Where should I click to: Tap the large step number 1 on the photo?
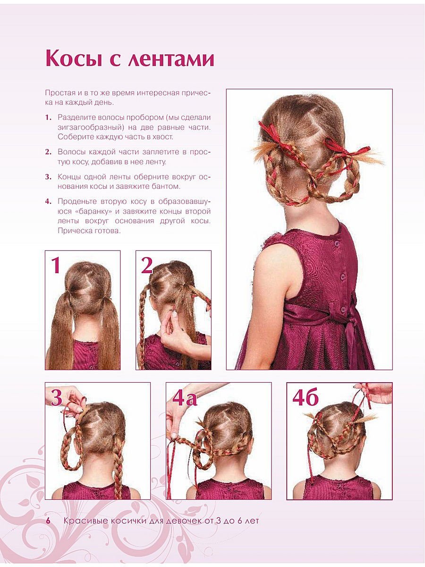(x=56, y=265)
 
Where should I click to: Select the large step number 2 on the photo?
(x=146, y=266)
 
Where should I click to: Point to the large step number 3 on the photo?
(x=57, y=397)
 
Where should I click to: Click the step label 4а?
(x=185, y=398)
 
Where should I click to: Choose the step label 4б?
(x=305, y=398)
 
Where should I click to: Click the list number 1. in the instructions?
(x=48, y=118)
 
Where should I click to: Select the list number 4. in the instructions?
(x=48, y=201)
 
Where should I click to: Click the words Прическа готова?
(x=89, y=231)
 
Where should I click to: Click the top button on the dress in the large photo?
(x=336, y=244)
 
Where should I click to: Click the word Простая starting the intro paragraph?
(x=59, y=93)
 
